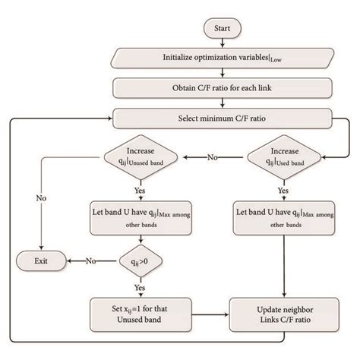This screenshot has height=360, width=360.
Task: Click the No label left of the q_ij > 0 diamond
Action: (91, 261)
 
